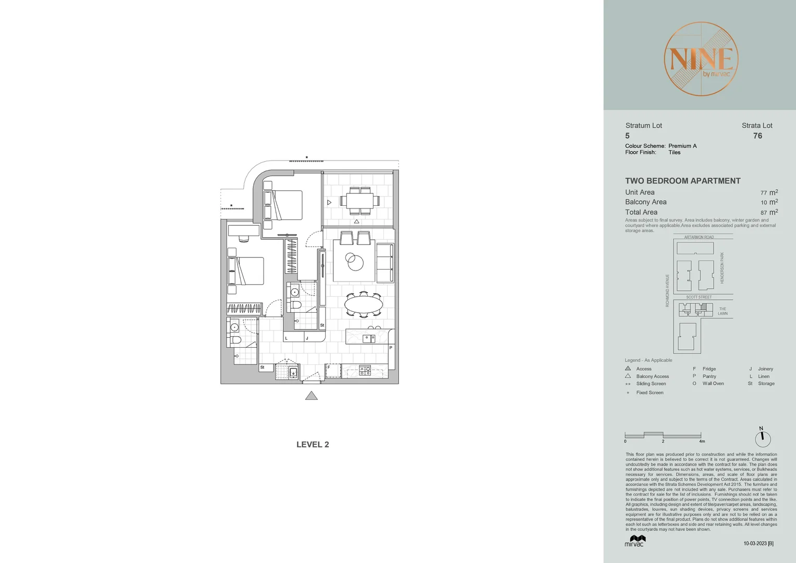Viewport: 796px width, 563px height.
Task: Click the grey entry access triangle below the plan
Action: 312,396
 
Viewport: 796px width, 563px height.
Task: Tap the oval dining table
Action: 364,303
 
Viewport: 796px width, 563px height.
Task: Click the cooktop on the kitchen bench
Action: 365,371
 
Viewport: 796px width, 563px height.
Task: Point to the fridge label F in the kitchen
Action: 329,368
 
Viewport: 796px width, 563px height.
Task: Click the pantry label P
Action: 391,348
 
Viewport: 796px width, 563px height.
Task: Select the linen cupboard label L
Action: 287,338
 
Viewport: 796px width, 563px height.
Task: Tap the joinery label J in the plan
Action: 307,338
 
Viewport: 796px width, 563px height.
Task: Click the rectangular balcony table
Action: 359,201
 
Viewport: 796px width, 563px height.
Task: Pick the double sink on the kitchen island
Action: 369,338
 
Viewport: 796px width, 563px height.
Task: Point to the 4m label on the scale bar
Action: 702,442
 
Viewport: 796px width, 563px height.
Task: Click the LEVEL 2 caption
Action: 313,445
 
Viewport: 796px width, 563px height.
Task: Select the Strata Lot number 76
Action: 757,136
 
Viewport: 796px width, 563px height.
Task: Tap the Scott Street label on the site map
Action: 699,297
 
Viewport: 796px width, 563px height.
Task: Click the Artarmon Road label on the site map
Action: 699,237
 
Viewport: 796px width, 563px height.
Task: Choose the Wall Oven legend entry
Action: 713,384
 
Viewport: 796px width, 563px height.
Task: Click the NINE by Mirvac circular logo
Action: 701,59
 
